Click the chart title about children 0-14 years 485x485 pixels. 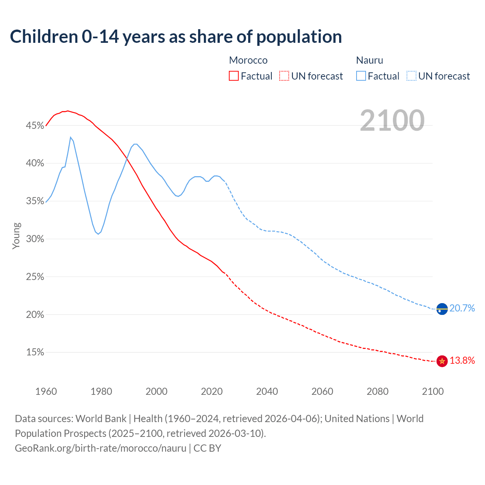click(176, 37)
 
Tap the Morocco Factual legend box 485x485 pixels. click(234, 76)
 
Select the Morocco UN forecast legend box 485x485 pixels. click(284, 76)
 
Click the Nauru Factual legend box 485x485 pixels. click(361, 76)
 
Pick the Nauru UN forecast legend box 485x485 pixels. click(411, 76)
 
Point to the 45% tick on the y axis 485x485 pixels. click(35, 125)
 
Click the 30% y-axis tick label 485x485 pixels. click(35, 239)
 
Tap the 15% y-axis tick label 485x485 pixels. click(35, 352)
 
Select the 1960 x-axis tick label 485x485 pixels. click(46, 391)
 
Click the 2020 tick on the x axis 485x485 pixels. click(212, 391)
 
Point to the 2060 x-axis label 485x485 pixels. click(322, 391)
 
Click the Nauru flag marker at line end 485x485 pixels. click(442, 309)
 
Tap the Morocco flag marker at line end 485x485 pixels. click(442, 361)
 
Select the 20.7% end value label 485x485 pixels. click(462, 308)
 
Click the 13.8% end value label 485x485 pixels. click(462, 360)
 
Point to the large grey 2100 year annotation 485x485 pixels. click(392, 120)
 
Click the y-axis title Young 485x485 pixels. click(16, 236)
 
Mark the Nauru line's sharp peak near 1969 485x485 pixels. click(70, 138)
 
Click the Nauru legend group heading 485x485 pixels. click(369, 60)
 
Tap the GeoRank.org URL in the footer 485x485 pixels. click(100, 448)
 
